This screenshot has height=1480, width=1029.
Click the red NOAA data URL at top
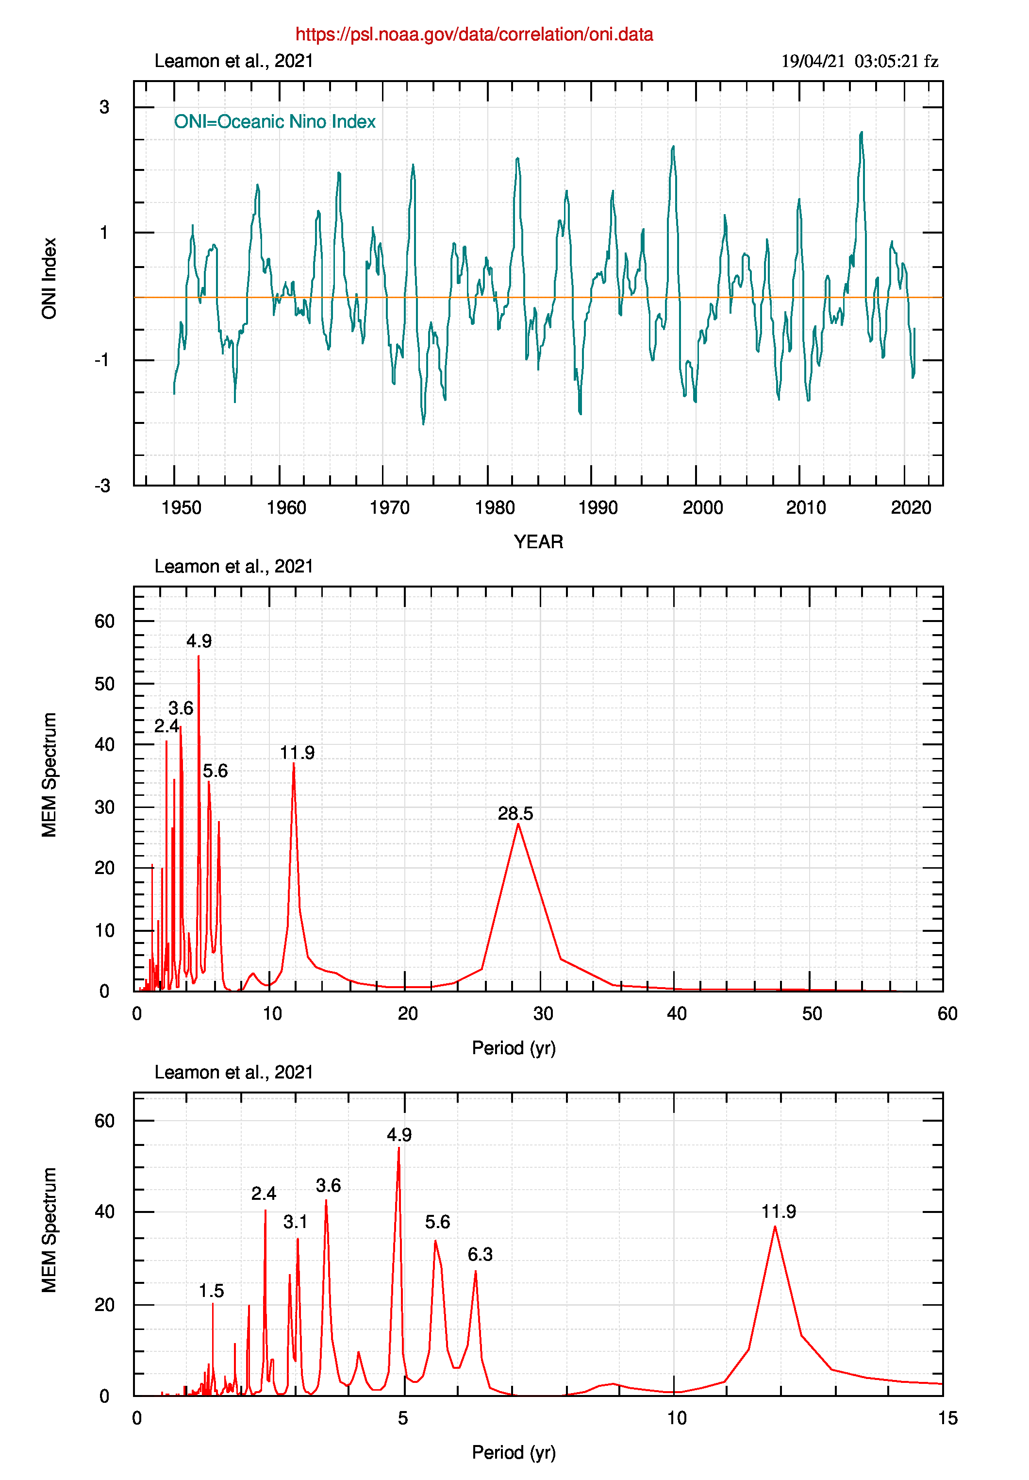click(x=474, y=34)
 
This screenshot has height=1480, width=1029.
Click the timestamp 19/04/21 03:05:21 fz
click(x=859, y=61)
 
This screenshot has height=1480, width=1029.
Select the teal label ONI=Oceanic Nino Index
click(x=275, y=122)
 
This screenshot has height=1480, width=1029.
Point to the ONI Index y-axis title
click(x=50, y=278)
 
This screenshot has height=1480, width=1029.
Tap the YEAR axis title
click(x=538, y=541)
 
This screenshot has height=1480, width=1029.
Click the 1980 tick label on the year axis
click(x=495, y=508)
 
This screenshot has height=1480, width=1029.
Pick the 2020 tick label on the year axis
click(x=911, y=508)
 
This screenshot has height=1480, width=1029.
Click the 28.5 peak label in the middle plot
click(x=515, y=813)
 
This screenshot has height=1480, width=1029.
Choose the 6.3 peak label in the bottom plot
click(x=480, y=1254)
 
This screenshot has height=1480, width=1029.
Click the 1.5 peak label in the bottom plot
click(x=211, y=1291)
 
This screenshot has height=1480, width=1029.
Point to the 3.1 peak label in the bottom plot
click(x=296, y=1222)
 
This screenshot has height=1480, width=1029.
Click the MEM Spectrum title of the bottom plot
click(x=50, y=1229)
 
